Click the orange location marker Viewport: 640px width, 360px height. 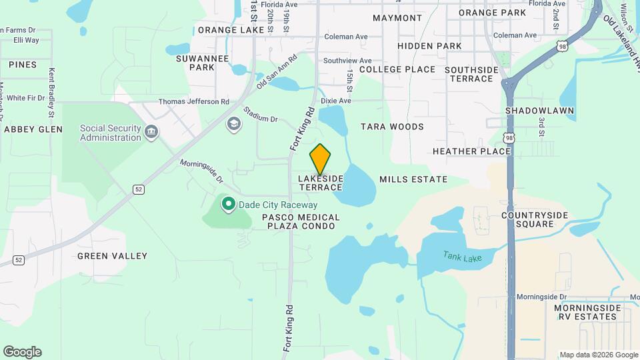tap(321, 159)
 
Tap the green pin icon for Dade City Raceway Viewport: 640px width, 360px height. tap(228, 204)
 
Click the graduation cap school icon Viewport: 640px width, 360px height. tap(233, 123)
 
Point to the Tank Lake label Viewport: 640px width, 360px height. tap(457, 255)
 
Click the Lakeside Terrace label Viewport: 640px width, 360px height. tap(321, 183)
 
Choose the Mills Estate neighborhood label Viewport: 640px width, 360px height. tap(413, 179)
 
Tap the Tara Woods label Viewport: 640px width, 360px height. tap(392, 127)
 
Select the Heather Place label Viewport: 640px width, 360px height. tap(471, 151)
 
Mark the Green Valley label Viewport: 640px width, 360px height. tap(112, 256)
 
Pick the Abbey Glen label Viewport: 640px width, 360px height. tap(33, 129)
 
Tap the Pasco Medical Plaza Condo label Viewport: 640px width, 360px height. tap(301, 222)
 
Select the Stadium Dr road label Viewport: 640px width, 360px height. tap(260, 115)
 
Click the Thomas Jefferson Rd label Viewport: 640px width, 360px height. tap(193, 102)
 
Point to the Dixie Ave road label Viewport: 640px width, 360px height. tap(335, 101)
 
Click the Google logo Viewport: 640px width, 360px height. tap(22, 352)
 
